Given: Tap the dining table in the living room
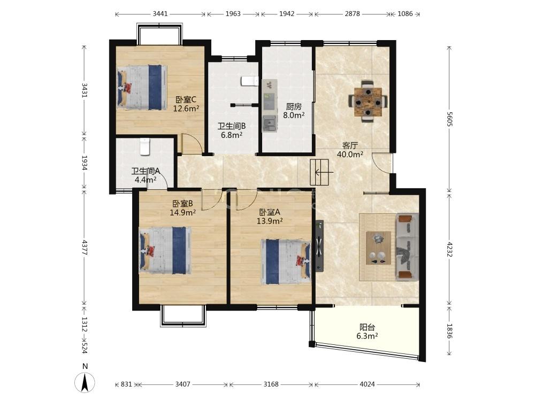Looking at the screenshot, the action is point(368,101).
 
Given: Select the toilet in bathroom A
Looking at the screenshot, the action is point(145,146).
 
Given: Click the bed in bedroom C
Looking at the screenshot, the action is point(142,87).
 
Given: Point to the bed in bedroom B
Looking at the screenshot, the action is point(165,250).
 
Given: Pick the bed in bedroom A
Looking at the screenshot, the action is point(286,262).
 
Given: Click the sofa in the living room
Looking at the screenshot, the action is point(407,247).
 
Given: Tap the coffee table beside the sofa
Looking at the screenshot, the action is point(378,248).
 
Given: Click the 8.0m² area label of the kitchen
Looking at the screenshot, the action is point(294,115).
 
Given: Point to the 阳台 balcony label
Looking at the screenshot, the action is point(367,327).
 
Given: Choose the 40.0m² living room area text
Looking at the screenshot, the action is point(350,154).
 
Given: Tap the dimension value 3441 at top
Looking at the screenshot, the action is point(160,14).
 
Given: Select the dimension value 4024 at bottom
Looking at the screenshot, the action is point(367,384).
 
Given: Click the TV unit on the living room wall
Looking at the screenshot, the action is point(319,246).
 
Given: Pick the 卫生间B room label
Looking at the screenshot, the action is point(232,126).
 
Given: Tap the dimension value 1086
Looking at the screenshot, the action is point(405,14).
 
